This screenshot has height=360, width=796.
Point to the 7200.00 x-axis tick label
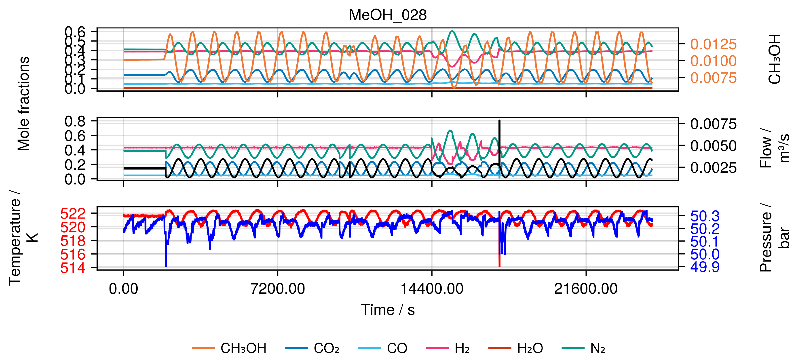click(277, 289)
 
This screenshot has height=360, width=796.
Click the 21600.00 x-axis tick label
click(586, 289)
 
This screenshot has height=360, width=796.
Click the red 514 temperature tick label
click(73, 268)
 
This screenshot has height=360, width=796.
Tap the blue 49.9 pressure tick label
click(705, 267)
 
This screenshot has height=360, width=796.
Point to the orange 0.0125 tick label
click(713, 44)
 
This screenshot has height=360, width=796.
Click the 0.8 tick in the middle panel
click(75, 121)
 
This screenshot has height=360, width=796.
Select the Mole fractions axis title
click(23, 103)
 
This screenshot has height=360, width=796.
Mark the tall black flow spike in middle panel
click(499, 136)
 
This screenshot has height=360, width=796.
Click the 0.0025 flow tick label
click(713, 168)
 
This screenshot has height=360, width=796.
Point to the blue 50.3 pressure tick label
click(705, 216)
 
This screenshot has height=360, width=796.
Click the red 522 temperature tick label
click(73, 214)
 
